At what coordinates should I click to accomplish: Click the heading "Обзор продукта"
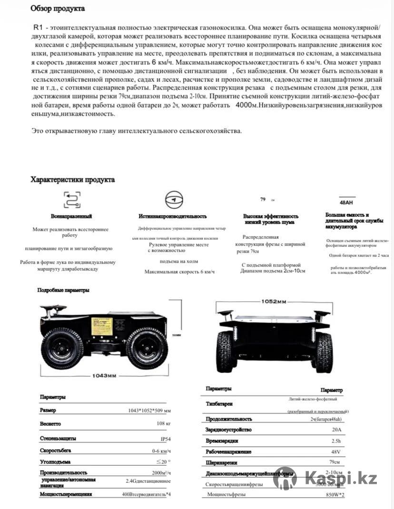pyautogui.click(x=58, y=9)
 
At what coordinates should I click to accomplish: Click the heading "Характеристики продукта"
pyautogui.click(x=72, y=180)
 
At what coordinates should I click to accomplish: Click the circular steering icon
pyautogui.click(x=173, y=199)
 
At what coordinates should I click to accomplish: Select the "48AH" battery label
pyautogui.click(x=347, y=202)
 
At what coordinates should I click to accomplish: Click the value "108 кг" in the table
pyautogui.click(x=163, y=423)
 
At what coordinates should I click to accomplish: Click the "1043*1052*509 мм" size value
pyautogui.click(x=149, y=411)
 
